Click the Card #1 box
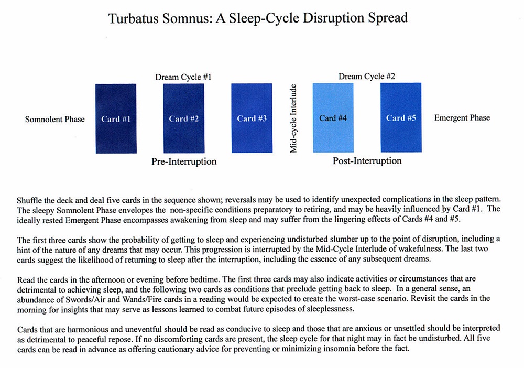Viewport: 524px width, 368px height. pos(116,118)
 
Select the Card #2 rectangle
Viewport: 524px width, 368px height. pos(183,118)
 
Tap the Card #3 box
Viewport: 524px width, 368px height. pos(252,118)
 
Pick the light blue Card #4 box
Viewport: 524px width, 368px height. pos(333,118)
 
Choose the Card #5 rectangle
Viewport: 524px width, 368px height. pos(401,118)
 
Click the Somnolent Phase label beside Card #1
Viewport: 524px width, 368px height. pos(54,119)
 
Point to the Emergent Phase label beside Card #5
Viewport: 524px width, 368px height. pos(462,118)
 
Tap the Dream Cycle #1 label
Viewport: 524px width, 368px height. pos(183,77)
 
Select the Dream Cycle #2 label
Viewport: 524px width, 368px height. pos(367,76)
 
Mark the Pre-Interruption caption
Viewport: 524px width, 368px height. pos(184,161)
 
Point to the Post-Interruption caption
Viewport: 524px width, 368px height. pos(367,160)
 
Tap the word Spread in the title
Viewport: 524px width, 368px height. pos(389,18)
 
